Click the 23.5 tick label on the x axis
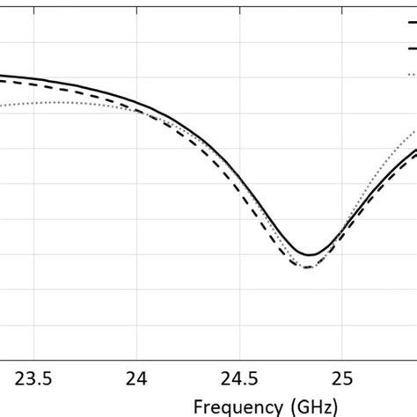click(33, 379)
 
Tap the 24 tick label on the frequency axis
click(136, 379)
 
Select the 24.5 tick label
click(239, 379)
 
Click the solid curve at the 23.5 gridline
click(33, 78)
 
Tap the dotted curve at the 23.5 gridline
click(33, 104)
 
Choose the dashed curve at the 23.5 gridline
click(33, 84)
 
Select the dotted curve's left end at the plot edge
click(2, 106)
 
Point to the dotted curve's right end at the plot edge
click(415, 132)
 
